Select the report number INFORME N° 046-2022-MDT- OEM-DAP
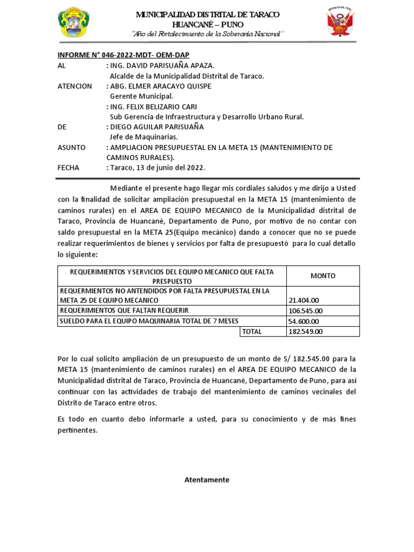[123, 55]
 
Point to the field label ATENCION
[74, 86]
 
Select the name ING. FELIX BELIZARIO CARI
[154, 107]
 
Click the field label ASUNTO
[71, 147]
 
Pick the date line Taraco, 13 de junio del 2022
[157, 168]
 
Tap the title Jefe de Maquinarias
[140, 137]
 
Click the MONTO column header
[323, 275]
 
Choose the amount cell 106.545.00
[306, 310]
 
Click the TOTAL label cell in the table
[252, 332]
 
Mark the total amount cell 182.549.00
[306, 332]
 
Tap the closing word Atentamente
[207, 480]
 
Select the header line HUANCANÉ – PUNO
[208, 24]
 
